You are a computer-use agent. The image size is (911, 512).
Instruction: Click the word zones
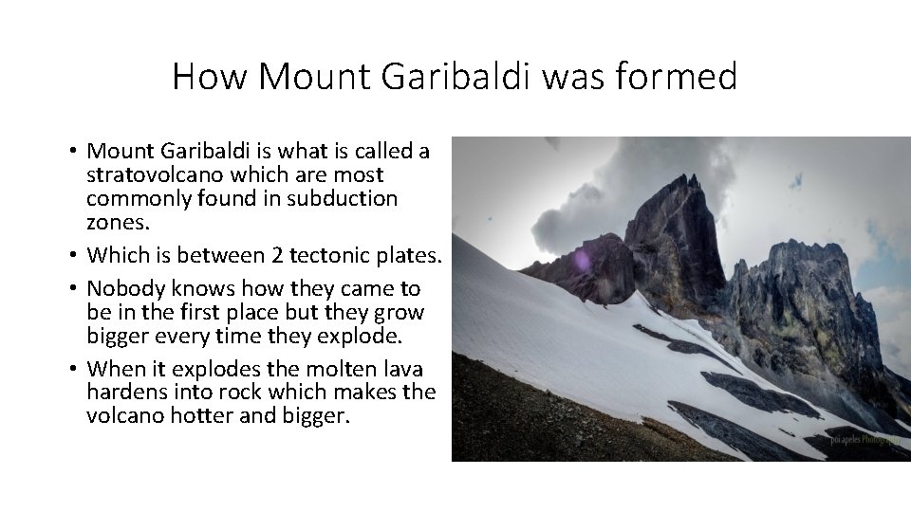point(110,223)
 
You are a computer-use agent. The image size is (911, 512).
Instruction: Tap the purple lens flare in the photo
point(580,259)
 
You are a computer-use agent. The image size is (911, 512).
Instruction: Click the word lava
point(400,368)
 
